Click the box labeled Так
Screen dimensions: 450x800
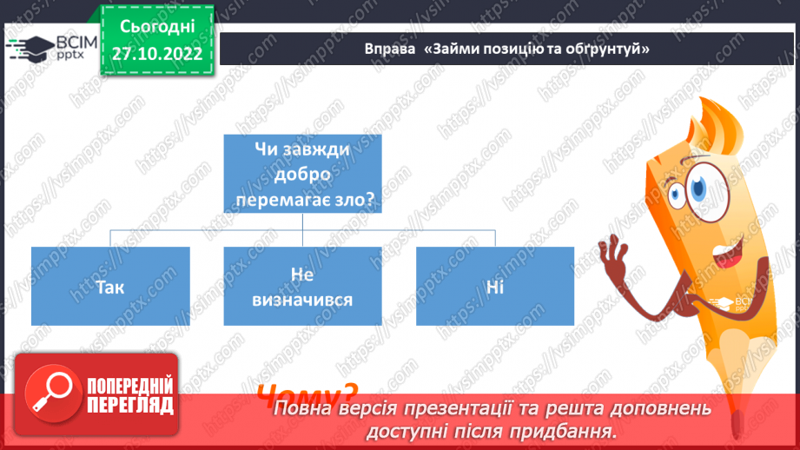pos(110,287)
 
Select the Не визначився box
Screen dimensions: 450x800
pos(302,287)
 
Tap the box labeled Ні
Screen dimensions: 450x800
pos(495,287)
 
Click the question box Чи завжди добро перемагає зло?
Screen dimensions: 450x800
pos(302,174)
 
